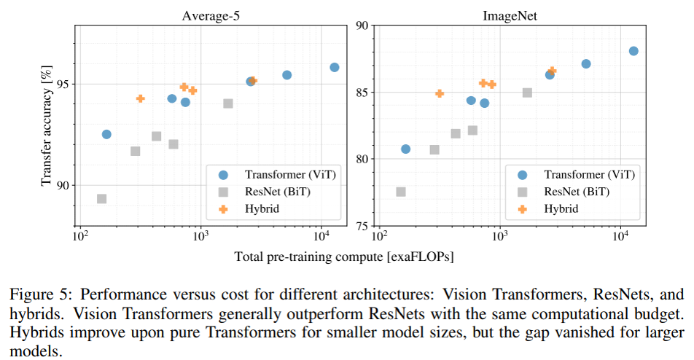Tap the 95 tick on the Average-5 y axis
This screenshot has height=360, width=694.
(x=63, y=84)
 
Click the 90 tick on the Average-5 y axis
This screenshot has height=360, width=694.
(x=63, y=185)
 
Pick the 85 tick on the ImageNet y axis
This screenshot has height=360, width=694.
(x=362, y=93)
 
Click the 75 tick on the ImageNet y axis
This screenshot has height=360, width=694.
(x=362, y=226)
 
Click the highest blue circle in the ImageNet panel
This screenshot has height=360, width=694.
(x=633, y=51)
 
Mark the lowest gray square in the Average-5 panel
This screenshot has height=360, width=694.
(x=102, y=198)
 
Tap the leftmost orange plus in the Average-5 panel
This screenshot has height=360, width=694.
(x=140, y=98)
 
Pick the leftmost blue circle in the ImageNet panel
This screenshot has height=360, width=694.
(x=406, y=149)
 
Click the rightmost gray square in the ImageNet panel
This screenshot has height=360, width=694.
(x=527, y=93)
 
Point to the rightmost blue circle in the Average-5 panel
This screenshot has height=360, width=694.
(x=335, y=67)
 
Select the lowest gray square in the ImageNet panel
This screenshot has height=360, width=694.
(x=401, y=192)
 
